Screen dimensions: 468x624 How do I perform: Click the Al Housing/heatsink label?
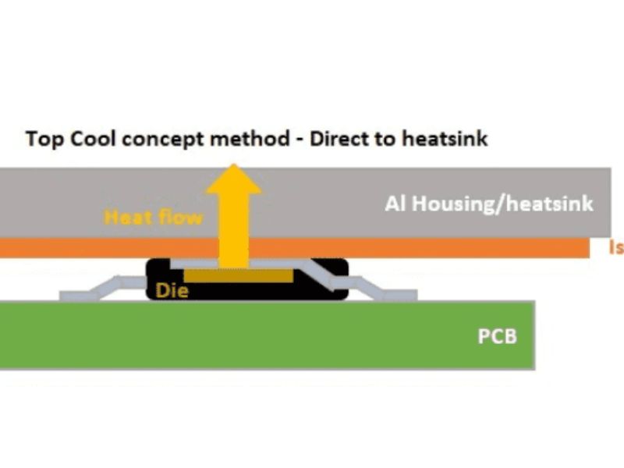tap(489, 204)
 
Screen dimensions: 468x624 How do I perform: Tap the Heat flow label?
tap(153, 217)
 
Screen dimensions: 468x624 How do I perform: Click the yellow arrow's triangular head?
tap(233, 180)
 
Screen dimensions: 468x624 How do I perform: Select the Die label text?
tap(172, 290)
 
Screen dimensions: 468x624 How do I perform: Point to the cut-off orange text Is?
tap(615, 248)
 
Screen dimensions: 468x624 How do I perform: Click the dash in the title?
tap(300, 141)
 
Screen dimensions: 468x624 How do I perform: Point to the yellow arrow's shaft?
tap(233, 230)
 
